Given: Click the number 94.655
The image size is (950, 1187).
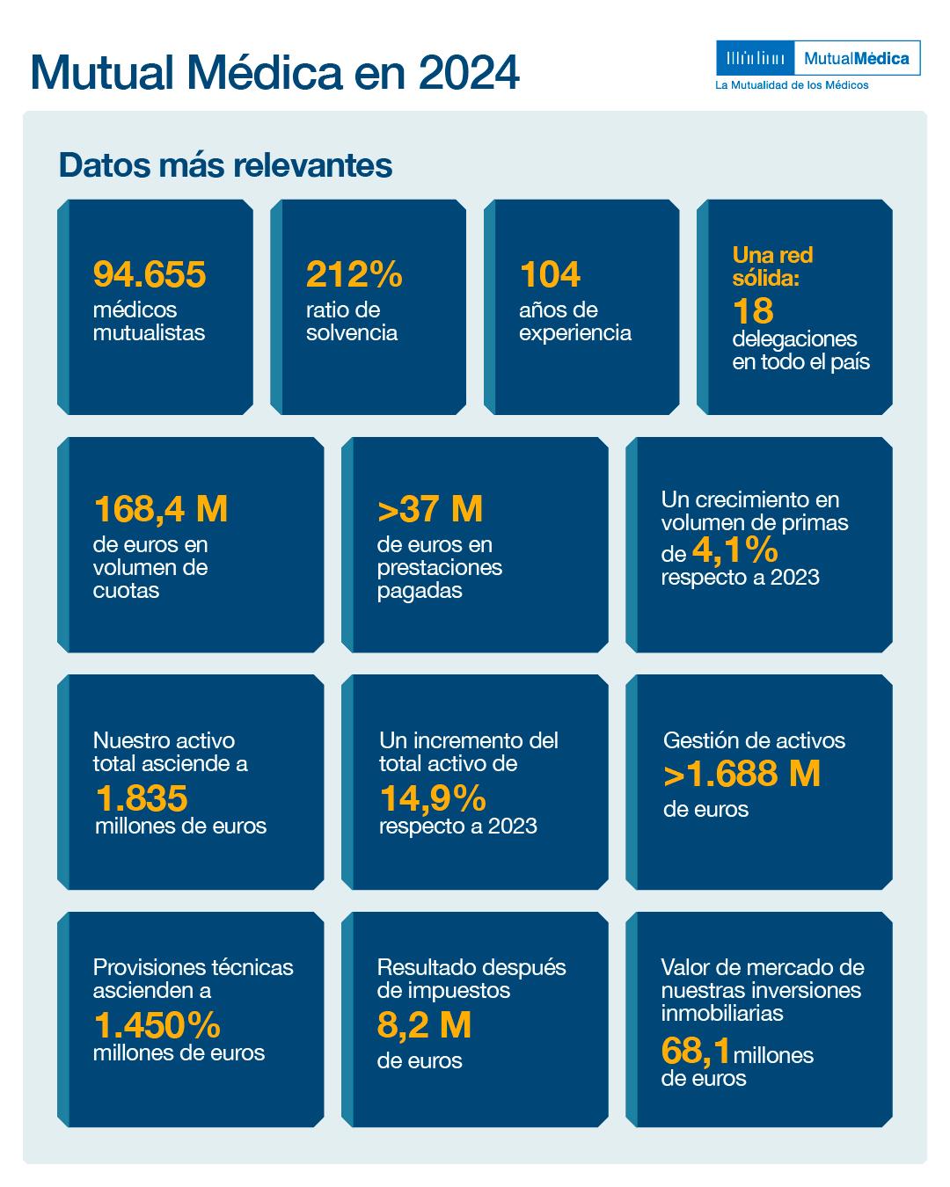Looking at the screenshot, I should [x=150, y=274].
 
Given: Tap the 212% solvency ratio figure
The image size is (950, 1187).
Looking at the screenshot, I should [x=354, y=274].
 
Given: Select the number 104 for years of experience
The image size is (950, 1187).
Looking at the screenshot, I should [x=550, y=274].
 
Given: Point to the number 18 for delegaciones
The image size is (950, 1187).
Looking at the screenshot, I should [x=753, y=310].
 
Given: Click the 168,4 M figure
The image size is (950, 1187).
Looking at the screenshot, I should [x=160, y=509].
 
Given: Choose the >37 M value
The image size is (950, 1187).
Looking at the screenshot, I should [x=430, y=509].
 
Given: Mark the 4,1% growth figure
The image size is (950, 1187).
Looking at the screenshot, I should [x=735, y=551].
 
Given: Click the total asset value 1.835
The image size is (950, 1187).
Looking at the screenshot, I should [x=141, y=798].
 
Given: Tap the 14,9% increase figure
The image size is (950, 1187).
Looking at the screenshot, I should [x=433, y=798].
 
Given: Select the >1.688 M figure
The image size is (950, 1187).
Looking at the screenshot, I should [x=742, y=774].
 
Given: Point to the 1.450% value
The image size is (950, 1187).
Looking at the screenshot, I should [x=157, y=1025].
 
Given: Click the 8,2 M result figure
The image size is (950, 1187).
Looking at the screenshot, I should [x=424, y=1025].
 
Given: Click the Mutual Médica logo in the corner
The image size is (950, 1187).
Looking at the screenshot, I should [x=818, y=59].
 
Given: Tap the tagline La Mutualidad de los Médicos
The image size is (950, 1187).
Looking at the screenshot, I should [x=792, y=85].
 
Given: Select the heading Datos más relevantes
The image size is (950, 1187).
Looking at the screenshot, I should [x=225, y=165].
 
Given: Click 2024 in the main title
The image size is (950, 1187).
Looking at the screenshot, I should [x=469, y=73].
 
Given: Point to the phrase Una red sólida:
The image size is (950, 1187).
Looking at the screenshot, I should [x=772, y=266].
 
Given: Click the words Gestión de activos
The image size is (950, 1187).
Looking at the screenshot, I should [x=754, y=740].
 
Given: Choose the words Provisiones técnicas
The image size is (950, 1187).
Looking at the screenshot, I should [x=193, y=967].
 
